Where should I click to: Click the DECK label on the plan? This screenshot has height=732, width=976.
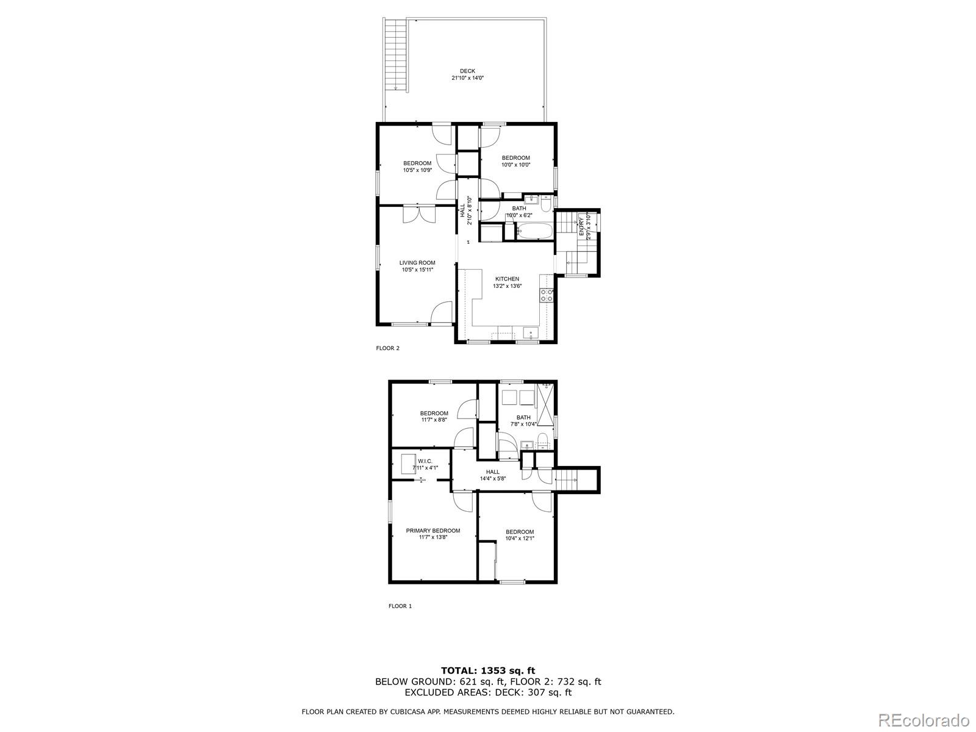(467, 71)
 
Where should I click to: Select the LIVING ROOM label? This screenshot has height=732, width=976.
(417, 263)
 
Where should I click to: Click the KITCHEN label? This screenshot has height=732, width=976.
(507, 279)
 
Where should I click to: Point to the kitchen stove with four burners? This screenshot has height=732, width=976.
(547, 296)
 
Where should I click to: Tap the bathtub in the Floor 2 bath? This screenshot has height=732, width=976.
(534, 231)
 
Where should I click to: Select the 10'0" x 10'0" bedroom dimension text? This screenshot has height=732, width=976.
(516, 165)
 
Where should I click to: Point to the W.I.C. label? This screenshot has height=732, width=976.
(425, 461)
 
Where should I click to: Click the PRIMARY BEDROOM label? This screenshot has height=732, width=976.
(433, 531)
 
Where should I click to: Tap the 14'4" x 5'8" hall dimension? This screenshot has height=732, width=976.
(492, 479)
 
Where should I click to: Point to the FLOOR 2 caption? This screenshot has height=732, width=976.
(387, 348)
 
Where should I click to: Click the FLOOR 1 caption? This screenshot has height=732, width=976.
(400, 606)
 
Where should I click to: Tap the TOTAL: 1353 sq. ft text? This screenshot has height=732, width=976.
(488, 670)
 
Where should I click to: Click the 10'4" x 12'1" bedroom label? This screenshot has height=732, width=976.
(520, 539)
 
